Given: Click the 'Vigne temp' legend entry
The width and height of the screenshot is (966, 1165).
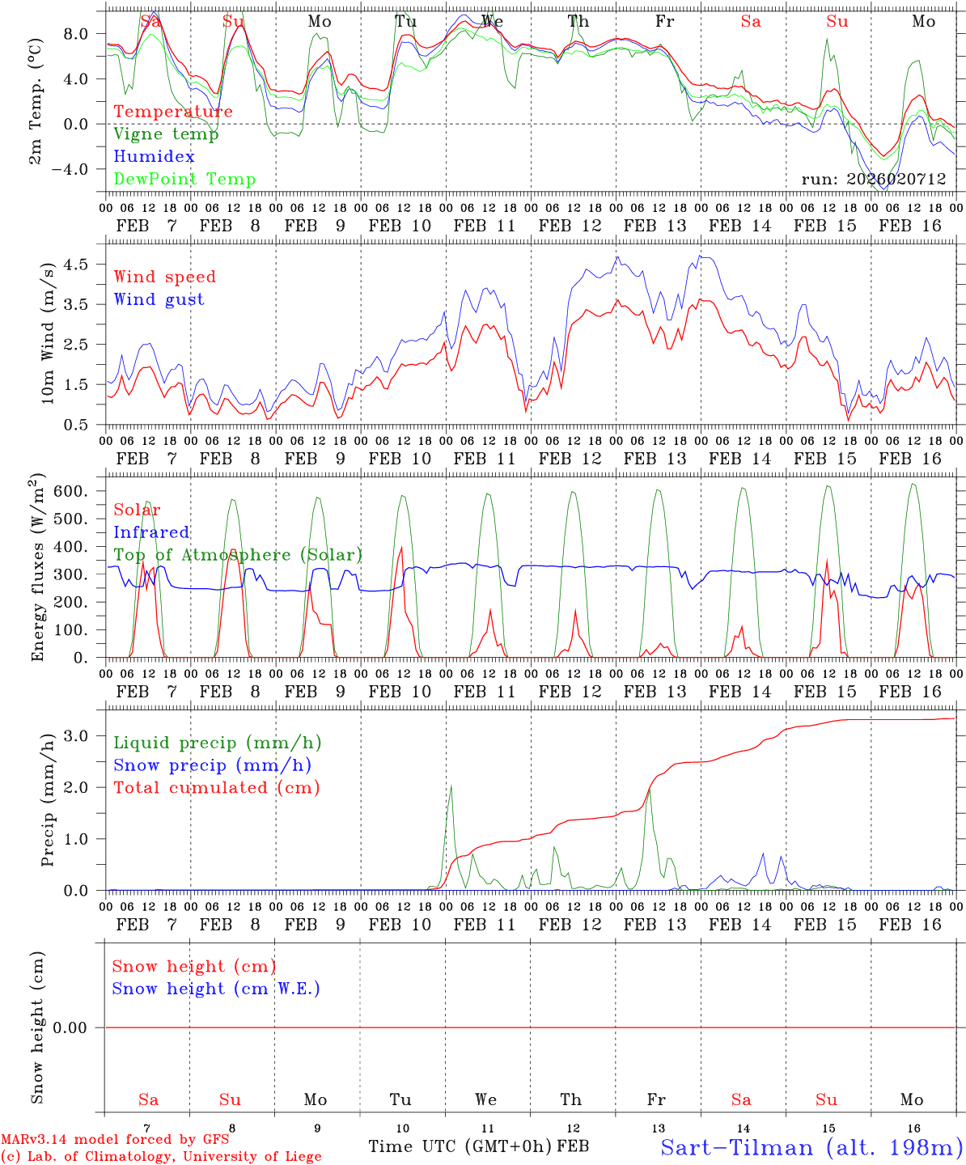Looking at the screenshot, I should point(166,134).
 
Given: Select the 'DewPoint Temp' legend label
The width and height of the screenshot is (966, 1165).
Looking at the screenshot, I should point(184,180).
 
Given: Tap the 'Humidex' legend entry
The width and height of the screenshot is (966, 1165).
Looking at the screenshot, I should point(154,157).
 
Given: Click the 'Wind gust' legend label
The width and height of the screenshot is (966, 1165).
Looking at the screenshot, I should point(159,299).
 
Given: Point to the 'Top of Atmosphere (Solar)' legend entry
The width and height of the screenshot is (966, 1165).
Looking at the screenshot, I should point(237,555).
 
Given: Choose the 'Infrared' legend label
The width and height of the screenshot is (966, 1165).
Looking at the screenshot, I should point(151,532).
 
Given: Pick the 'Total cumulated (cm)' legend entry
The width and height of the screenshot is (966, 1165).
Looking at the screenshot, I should point(216,788).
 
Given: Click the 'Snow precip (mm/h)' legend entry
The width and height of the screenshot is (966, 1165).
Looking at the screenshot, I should point(212,765).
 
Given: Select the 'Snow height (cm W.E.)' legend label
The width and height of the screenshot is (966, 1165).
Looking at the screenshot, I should point(216,989).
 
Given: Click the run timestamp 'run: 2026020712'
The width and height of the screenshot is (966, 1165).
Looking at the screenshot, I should point(873,180).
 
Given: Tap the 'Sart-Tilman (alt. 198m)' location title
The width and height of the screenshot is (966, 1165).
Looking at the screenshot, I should point(811,1147).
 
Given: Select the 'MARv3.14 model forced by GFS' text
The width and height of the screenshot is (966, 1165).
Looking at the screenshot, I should point(115,1140).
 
